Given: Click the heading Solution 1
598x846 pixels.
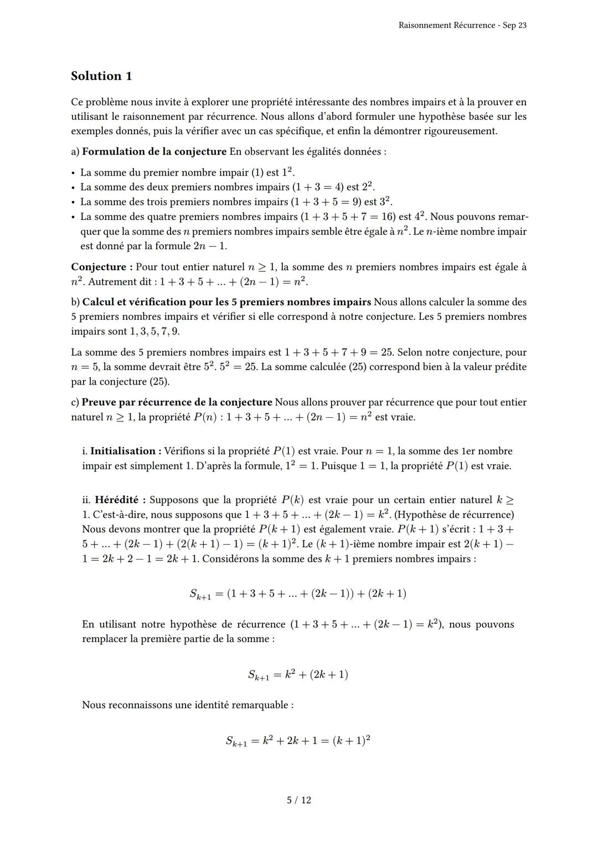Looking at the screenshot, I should pos(101,76).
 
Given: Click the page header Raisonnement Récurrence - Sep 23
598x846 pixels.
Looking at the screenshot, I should pos(462,25).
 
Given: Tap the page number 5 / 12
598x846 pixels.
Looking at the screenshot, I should pos(299,800).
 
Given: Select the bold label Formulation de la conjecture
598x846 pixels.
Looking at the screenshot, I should pos(154,151).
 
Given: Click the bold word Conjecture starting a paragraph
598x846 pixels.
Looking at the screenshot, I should pos(101,267).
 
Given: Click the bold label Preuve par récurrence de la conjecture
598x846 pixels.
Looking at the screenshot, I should pos(177,402).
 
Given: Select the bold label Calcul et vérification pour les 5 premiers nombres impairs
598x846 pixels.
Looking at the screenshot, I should pos(226,302).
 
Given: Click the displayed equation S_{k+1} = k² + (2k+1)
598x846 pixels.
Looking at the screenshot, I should pos(298,675).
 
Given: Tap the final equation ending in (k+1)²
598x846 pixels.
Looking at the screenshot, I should pos(298,741).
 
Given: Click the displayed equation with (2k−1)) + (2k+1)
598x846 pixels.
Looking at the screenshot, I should pos(298,594).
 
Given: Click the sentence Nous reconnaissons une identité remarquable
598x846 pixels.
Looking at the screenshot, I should pos(188,705).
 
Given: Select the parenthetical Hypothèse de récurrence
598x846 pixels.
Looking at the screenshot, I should pos(454,515).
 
